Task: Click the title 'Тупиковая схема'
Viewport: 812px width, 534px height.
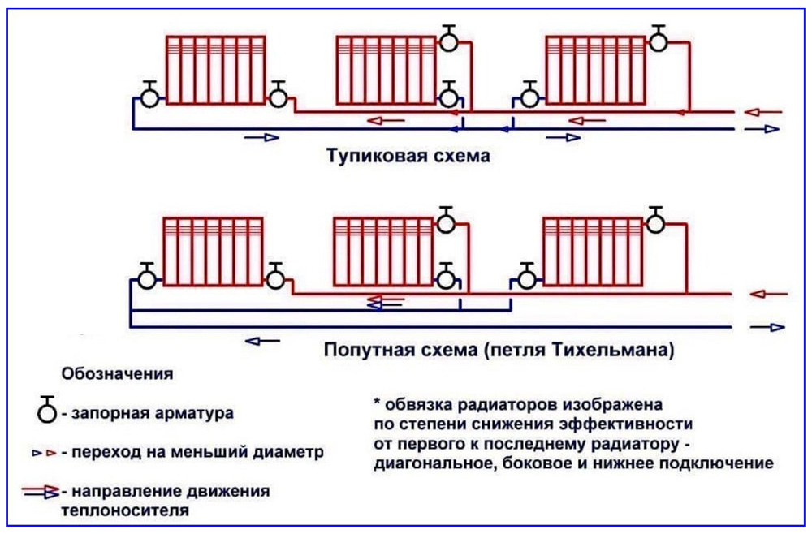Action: tap(408, 155)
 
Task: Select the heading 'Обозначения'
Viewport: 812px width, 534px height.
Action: tap(117, 373)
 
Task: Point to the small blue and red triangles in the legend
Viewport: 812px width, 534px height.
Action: tap(44, 453)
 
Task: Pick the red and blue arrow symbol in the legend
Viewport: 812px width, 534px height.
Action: tap(41, 491)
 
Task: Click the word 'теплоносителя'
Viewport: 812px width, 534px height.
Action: tap(125, 510)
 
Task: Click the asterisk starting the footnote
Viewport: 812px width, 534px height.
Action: tap(377, 402)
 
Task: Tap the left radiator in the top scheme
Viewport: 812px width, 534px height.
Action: tap(215, 70)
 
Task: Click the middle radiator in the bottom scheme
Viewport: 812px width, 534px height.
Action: tap(383, 252)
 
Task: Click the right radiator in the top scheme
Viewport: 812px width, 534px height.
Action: tap(596, 70)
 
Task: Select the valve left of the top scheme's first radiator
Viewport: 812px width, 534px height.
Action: tap(149, 95)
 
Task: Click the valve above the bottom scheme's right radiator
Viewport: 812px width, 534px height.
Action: tap(655, 221)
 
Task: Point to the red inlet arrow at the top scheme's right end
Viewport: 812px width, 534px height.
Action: tap(763, 111)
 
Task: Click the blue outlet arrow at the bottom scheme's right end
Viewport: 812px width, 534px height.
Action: tap(767, 327)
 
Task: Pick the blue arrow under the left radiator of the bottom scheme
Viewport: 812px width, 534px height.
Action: tap(262, 341)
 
